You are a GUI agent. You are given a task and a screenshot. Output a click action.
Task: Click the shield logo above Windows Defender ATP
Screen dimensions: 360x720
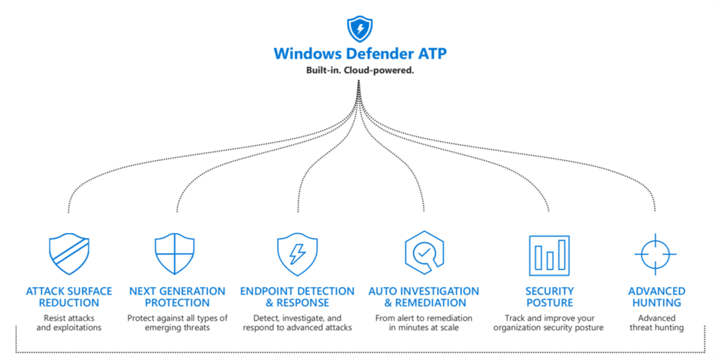[x=360, y=29]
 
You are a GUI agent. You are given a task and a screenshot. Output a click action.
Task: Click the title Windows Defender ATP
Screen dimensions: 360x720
[x=360, y=53]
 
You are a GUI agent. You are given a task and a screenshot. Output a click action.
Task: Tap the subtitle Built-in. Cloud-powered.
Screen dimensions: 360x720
[x=360, y=70]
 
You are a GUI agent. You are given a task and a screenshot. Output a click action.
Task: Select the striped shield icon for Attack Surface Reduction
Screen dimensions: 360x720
[x=69, y=254]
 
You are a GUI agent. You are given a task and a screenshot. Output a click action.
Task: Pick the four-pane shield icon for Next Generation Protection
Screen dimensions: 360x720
[x=175, y=254]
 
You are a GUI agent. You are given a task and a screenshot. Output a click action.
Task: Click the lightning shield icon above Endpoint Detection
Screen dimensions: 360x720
[x=297, y=254]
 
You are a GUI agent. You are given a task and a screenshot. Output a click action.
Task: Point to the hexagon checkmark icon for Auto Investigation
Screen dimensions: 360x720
[x=424, y=253]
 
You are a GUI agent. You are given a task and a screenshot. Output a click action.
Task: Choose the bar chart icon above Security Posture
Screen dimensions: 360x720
[x=549, y=255]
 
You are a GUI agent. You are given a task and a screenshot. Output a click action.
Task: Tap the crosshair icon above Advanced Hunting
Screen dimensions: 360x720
[x=655, y=254]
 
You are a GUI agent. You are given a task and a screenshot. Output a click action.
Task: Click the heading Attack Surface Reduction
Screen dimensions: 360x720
[x=69, y=296]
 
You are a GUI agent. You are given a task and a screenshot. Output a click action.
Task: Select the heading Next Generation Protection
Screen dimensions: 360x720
[x=177, y=296]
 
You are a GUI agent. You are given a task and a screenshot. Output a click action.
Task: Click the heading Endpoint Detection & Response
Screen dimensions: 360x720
[x=297, y=296]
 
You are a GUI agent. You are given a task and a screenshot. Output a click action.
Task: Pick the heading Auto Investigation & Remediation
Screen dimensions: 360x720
[x=424, y=296]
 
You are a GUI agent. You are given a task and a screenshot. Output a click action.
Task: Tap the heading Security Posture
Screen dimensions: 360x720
[x=549, y=296]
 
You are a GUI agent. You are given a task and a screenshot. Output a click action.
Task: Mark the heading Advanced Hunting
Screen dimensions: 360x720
[x=656, y=296]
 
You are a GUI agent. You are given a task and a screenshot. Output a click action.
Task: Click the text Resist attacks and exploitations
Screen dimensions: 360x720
[x=69, y=323]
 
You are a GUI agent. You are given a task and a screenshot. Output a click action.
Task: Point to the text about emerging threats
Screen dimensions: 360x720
[x=177, y=323]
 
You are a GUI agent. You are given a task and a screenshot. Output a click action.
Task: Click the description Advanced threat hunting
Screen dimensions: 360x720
[x=656, y=323]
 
